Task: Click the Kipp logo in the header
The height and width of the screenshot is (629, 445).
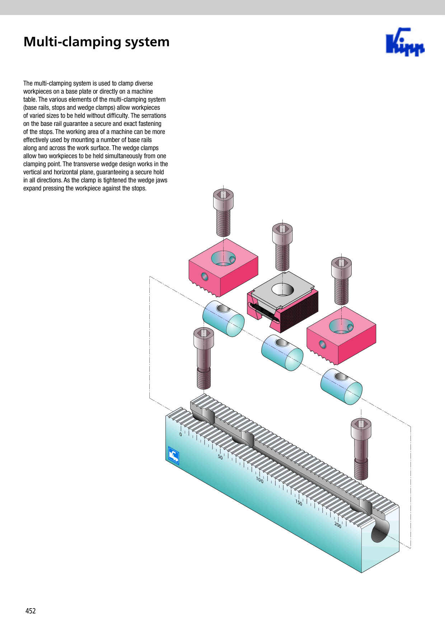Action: coord(405,42)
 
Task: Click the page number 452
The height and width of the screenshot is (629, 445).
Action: coord(31,611)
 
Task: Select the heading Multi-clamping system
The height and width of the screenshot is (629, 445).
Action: coord(97,42)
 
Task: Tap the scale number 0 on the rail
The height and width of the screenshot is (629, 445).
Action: coord(181,434)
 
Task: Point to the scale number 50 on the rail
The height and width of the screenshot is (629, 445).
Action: coord(220,457)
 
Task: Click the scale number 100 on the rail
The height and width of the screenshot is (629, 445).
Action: coord(260,480)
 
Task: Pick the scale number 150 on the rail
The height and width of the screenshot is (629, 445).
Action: coord(299,502)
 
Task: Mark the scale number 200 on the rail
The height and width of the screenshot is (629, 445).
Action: coord(338,525)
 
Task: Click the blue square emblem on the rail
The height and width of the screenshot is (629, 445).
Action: coord(174,456)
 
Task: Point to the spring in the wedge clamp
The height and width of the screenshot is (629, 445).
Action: coord(264,313)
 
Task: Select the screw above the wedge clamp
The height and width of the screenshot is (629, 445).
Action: coord(282,247)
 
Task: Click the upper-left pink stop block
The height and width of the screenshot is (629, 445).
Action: coord(224,268)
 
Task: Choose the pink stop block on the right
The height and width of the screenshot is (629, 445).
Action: coord(341,335)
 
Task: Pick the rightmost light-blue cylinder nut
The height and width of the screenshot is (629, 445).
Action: coord(341,387)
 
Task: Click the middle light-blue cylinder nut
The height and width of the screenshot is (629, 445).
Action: coord(282,353)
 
